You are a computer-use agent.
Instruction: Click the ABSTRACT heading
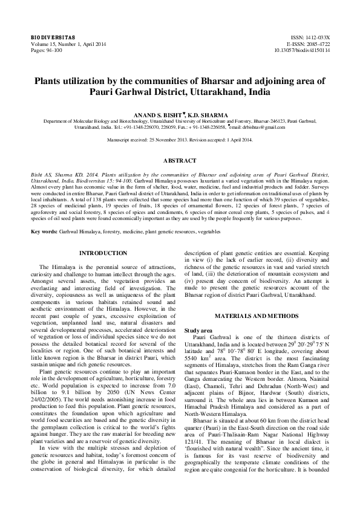coord(180,161)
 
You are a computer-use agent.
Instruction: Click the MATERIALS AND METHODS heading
coord(257,299)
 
